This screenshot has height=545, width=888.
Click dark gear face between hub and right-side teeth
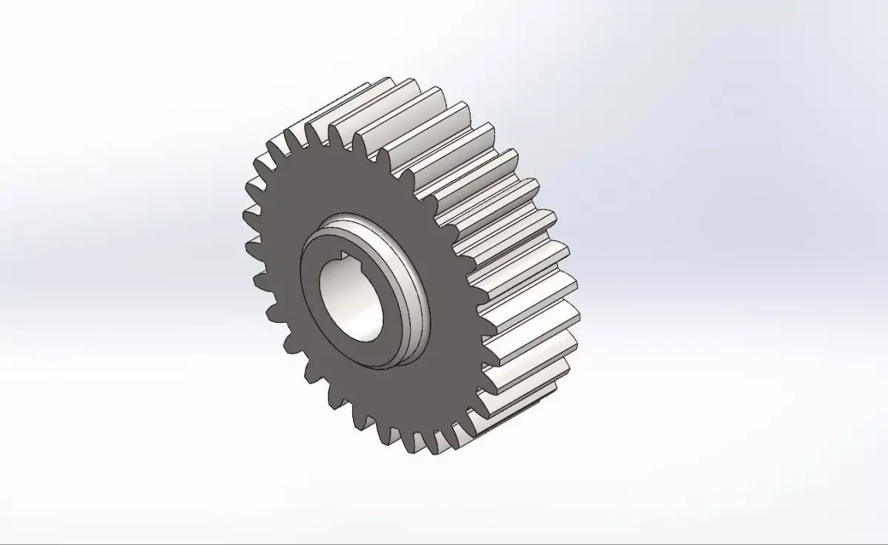pyautogui.click(x=451, y=311)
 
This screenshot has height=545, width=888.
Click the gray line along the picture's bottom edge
pyautogui.click(x=444, y=543)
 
